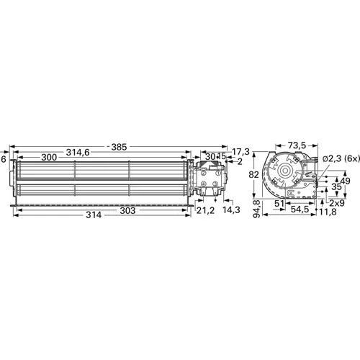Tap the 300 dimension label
tap(49, 158)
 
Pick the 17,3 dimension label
tap(242, 151)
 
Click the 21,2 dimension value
tap(205, 210)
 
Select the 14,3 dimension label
tap(231, 210)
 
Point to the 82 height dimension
tap(254, 175)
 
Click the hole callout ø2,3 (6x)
tap(341, 158)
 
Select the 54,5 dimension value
tap(300, 210)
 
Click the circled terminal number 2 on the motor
tap(204, 174)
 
